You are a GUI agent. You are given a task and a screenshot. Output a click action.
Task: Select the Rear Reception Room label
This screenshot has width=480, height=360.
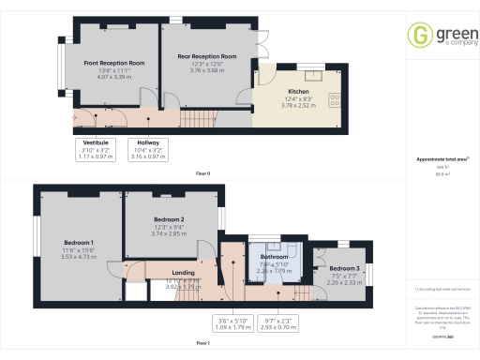(x=206, y=57)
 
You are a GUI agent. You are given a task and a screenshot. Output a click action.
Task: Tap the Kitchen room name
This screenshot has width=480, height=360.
(x=298, y=92)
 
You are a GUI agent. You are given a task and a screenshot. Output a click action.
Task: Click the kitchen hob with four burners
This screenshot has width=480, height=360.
(x=335, y=97)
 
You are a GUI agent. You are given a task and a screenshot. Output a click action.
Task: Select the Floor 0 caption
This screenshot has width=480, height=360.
(x=202, y=174)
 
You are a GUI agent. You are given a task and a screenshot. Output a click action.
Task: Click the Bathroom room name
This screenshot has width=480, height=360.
(x=274, y=256)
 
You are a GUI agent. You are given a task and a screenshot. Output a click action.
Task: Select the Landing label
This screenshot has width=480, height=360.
(x=184, y=273)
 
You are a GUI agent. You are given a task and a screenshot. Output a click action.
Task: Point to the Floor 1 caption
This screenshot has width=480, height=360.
(x=202, y=344)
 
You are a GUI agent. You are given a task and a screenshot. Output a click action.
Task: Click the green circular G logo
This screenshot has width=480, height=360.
(x=417, y=36)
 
